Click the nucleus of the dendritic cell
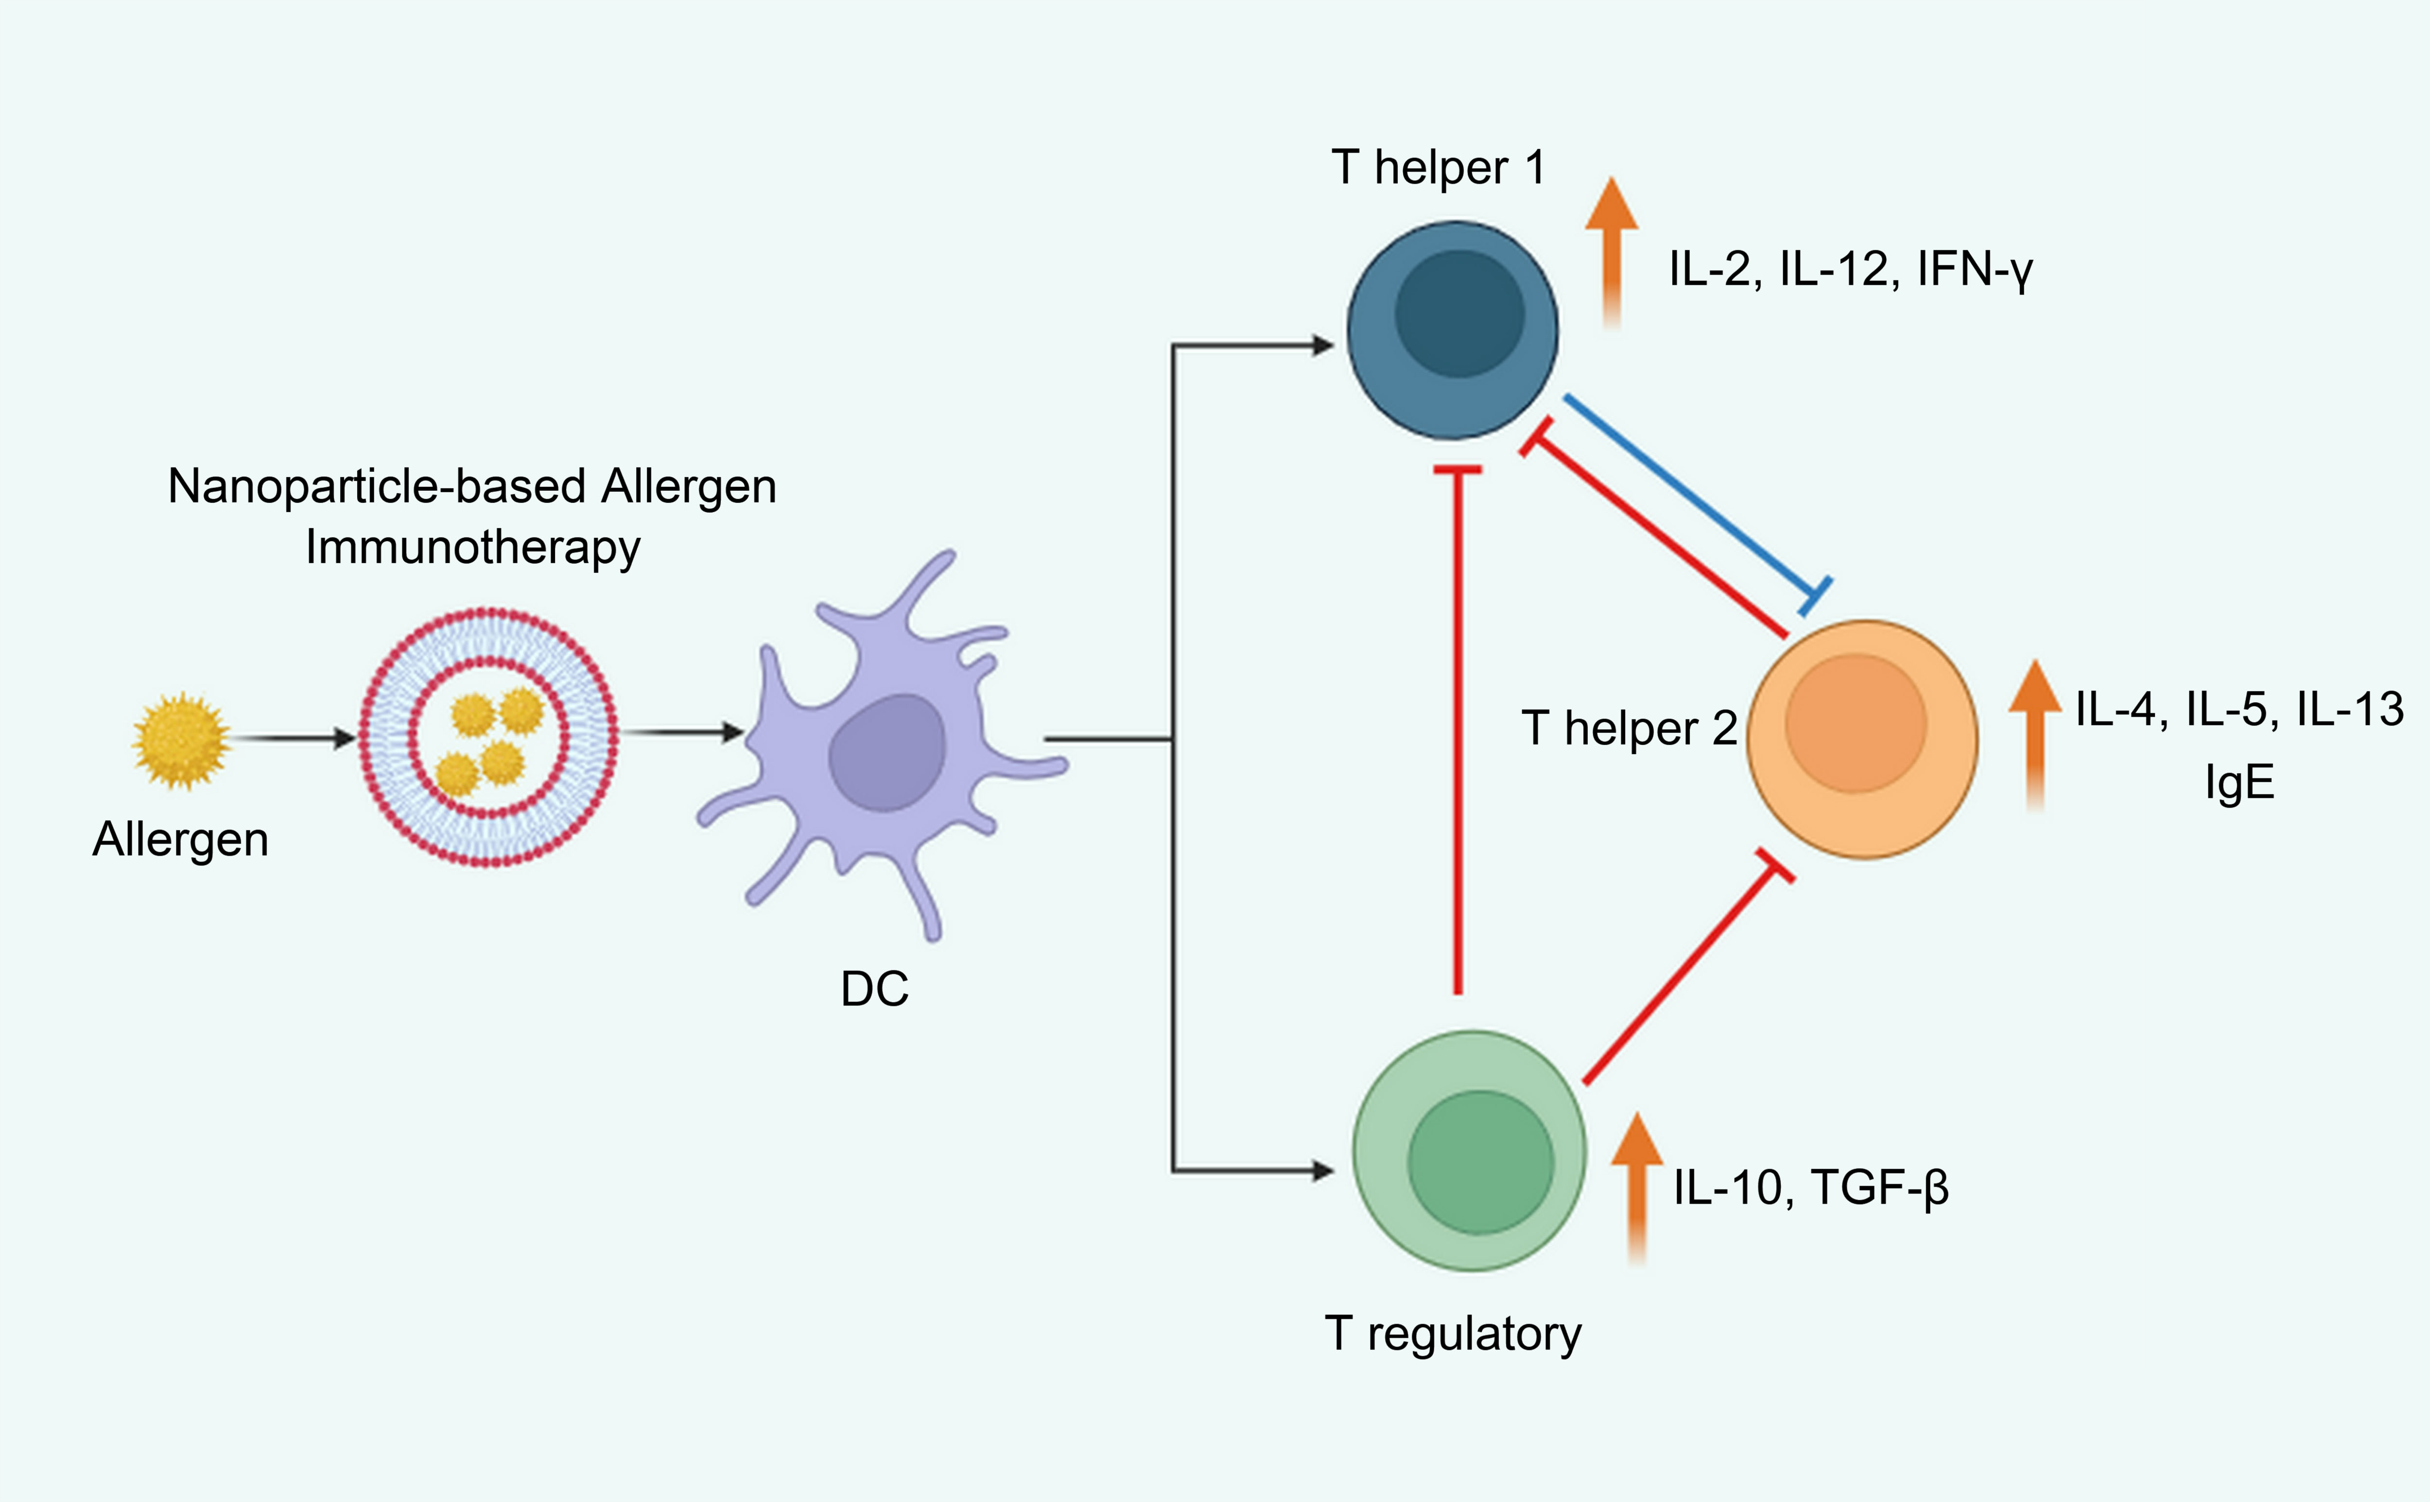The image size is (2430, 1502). (x=886, y=753)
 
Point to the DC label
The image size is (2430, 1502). (x=874, y=989)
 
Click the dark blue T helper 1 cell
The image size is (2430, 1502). (x=1453, y=330)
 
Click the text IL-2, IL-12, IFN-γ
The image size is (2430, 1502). (x=1850, y=269)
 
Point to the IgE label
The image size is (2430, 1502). (x=2239, y=783)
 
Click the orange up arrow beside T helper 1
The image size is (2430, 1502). (x=1612, y=253)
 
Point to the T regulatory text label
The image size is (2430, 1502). (x=1453, y=1334)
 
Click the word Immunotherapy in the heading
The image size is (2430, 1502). (x=473, y=547)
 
